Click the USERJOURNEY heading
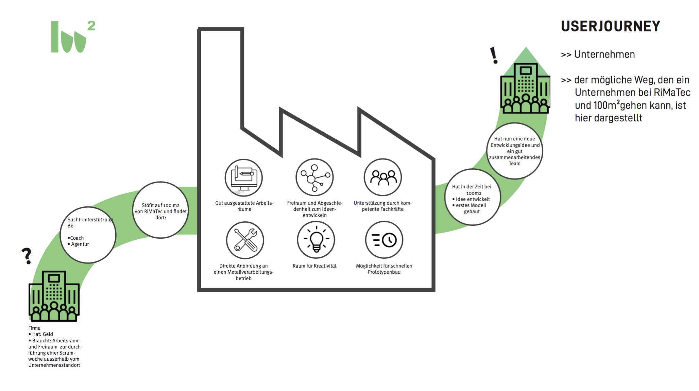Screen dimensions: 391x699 (x=610, y=26)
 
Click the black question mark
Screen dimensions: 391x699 (x=27, y=256)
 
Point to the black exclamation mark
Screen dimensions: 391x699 (x=494, y=55)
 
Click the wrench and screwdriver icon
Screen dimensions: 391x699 (x=245, y=240)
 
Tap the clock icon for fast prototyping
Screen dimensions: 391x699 (x=384, y=240)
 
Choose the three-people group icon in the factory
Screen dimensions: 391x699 (x=383, y=177)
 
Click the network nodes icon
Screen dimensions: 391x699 (x=314, y=177)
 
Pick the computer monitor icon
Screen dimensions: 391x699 (x=243, y=177)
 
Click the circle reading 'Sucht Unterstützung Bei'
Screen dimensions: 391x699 (x=88, y=235)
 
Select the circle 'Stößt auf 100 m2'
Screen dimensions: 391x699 (x=160, y=210)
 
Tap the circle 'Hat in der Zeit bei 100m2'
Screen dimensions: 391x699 (x=472, y=197)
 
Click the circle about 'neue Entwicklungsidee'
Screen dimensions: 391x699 (x=514, y=151)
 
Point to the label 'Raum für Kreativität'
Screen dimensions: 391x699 (x=314, y=266)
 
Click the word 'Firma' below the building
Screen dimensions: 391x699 (x=34, y=328)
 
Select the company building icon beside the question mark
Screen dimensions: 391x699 (x=54, y=296)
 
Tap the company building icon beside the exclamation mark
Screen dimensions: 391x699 (x=525, y=88)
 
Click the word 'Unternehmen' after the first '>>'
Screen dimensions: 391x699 (x=604, y=54)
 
